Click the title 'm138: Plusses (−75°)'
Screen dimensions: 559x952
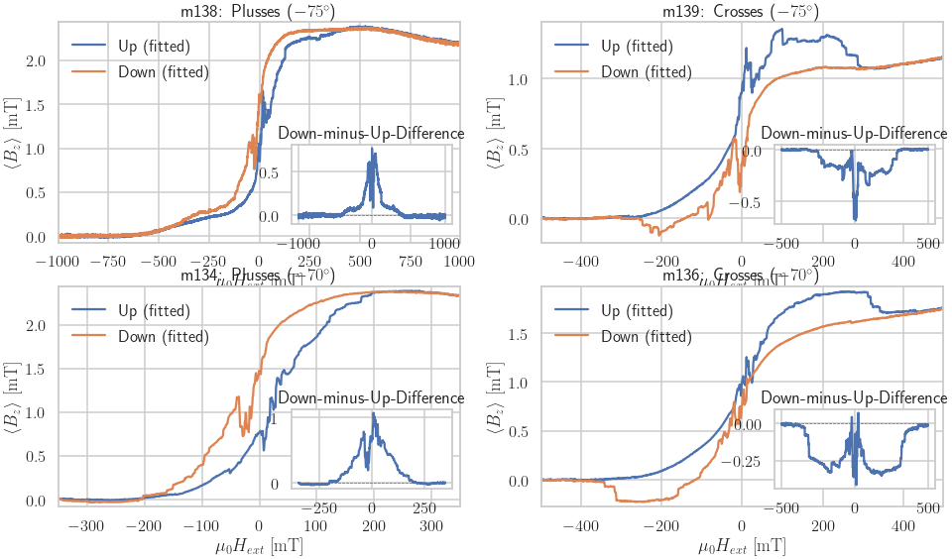click(259, 11)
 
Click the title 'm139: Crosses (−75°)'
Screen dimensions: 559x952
click(740, 11)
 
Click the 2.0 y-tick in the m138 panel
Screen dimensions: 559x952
click(36, 60)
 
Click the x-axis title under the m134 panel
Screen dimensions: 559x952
click(259, 545)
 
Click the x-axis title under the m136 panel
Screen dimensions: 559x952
click(742, 545)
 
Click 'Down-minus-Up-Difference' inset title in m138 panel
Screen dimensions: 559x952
click(371, 133)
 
